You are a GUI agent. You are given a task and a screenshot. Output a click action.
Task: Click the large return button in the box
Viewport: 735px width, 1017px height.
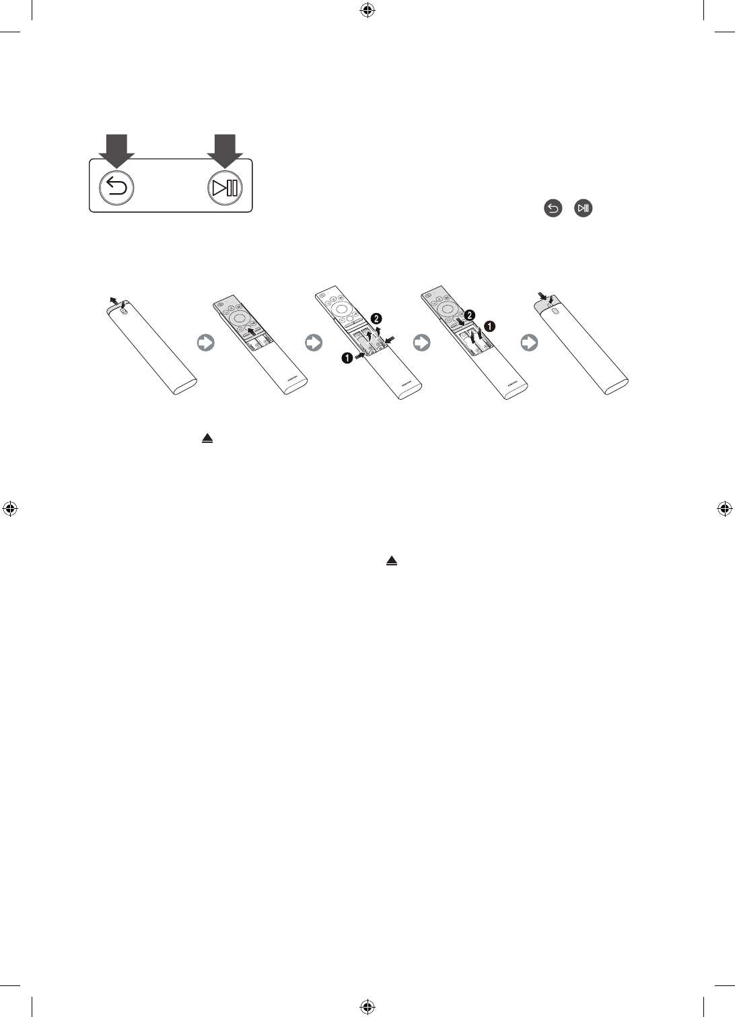click(x=116, y=188)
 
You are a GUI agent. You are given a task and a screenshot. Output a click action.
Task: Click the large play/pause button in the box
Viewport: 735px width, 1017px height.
click(x=225, y=188)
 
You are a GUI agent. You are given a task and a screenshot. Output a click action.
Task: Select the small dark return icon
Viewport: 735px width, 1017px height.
click(x=552, y=209)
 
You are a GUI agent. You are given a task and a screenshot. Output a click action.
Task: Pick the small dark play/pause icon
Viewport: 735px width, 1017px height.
click(x=583, y=209)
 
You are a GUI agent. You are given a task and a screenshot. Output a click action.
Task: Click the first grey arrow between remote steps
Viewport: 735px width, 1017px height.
click(x=205, y=343)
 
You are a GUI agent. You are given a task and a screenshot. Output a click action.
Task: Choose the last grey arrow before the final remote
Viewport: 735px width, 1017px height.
click(x=530, y=343)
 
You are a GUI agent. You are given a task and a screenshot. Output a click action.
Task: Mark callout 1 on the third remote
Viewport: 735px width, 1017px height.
click(x=347, y=359)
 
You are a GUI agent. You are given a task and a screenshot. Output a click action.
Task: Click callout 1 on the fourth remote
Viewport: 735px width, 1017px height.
click(x=490, y=326)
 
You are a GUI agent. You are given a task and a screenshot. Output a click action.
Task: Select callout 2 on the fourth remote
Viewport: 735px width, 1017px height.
click(x=470, y=314)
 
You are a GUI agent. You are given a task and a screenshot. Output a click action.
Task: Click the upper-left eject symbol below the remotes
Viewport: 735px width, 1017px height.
click(x=207, y=438)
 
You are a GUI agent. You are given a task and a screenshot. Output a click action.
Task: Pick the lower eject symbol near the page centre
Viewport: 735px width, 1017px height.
click(x=392, y=561)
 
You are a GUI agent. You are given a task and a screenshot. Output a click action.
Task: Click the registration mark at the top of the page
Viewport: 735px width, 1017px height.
click(x=367, y=10)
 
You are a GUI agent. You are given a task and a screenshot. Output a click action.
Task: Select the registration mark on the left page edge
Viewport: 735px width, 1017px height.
click(x=10, y=509)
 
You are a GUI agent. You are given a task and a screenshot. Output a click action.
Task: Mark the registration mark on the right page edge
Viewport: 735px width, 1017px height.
click(x=724, y=509)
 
